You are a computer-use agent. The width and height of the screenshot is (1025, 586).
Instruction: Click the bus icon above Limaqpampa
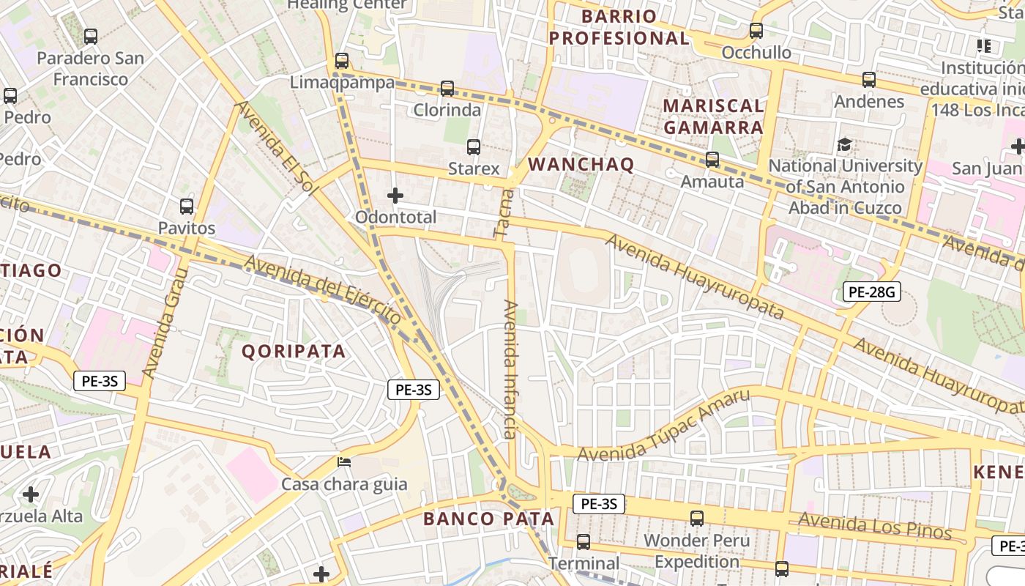pos(342,60)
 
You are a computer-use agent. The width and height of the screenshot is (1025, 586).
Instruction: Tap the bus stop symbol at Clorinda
pos(447,89)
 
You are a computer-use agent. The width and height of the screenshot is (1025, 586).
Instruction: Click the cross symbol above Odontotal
pos(395,196)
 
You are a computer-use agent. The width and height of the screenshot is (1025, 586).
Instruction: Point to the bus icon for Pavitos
pos(187,207)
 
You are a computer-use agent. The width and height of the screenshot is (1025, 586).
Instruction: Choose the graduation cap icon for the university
pos(844,144)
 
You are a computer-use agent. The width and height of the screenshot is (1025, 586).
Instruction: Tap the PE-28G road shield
pos(871,292)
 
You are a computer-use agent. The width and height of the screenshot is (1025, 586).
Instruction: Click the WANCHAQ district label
pos(581,165)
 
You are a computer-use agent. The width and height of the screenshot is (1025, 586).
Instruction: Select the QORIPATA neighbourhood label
pos(294,352)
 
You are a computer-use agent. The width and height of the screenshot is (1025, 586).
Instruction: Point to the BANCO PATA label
pos(488,519)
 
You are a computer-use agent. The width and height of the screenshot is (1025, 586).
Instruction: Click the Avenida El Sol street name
pos(277,149)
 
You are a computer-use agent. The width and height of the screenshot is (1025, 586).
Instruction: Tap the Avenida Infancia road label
pos(511,369)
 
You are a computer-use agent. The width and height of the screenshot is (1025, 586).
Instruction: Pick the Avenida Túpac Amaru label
pos(664,426)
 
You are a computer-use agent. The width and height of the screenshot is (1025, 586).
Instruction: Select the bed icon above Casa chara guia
pos(343,462)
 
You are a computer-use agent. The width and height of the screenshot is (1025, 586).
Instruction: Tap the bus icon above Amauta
pos(712,159)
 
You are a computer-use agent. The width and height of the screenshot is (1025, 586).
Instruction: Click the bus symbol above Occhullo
pos(756,31)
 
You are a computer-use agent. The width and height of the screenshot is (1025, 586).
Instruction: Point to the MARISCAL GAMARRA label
pos(713,116)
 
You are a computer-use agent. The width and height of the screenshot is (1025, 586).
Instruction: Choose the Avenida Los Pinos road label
pos(874,525)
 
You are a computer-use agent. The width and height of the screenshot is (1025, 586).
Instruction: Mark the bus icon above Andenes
pos(869,79)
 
